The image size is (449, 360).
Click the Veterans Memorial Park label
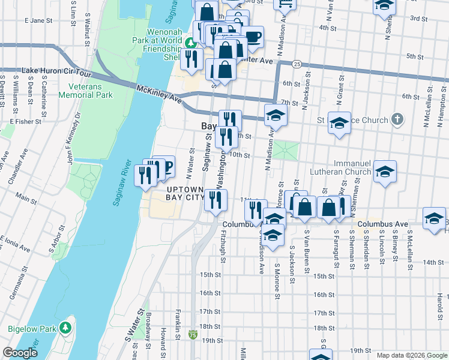(86, 90)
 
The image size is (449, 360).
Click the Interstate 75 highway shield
(193, 334)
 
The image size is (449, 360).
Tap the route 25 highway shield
(297, 64)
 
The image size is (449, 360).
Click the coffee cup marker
(252, 37)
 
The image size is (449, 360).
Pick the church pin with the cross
(397, 119)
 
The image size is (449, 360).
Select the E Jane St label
(40, 20)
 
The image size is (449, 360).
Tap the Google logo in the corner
(20, 353)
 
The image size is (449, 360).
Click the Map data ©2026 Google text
(411, 355)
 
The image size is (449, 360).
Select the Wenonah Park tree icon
(191, 42)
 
